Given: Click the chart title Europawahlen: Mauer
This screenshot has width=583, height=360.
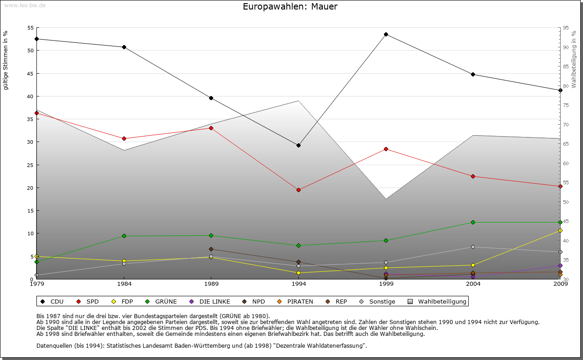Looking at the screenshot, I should coord(290,7).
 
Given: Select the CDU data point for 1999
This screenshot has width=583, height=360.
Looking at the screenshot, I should coord(386,34).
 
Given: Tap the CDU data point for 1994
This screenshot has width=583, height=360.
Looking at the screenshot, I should coord(298,145).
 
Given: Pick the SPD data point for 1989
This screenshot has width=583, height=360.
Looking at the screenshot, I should coord(211,128).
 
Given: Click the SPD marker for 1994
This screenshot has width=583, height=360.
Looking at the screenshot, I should coord(298,190).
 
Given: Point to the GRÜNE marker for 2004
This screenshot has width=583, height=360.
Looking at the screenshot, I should coord(473,222).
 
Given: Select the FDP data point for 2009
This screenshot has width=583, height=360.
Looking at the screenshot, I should coord(560,230).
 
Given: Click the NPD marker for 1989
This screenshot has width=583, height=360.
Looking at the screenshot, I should coord(211,249).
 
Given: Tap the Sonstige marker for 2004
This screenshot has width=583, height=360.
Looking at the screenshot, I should coord(473,247).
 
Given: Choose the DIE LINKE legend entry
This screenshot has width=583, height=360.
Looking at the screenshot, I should coord(210,301).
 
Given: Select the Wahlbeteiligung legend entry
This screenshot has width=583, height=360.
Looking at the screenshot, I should coord(438,301).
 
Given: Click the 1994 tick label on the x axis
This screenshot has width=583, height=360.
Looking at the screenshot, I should coord(298,284).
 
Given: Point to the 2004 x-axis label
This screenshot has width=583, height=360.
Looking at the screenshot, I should coord(473,284).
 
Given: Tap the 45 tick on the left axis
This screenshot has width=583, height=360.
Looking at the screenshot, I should coord(31,73).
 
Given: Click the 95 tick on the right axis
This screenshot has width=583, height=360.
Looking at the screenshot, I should coord(565,28).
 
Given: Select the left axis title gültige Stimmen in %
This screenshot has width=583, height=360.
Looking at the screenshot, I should coord(6,60).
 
